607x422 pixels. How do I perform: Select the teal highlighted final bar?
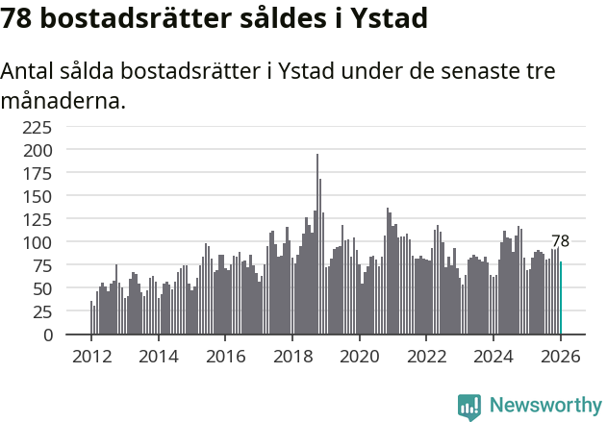pyautogui.click(x=561, y=299)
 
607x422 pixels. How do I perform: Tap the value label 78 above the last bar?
pyautogui.click(x=561, y=241)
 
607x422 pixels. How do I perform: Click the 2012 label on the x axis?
pyautogui.click(x=91, y=356)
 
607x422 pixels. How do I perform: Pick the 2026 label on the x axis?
pyautogui.click(x=561, y=356)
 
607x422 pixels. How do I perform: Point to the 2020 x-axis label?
pyautogui.click(x=360, y=356)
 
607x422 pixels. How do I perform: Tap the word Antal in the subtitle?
pyautogui.click(x=29, y=72)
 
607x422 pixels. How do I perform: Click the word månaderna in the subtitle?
pyautogui.click(x=63, y=100)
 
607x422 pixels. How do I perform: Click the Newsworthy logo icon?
pyautogui.click(x=469, y=405)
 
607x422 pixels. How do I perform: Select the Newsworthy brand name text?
pyautogui.click(x=544, y=405)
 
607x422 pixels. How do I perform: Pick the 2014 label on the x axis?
pyautogui.click(x=159, y=356)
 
